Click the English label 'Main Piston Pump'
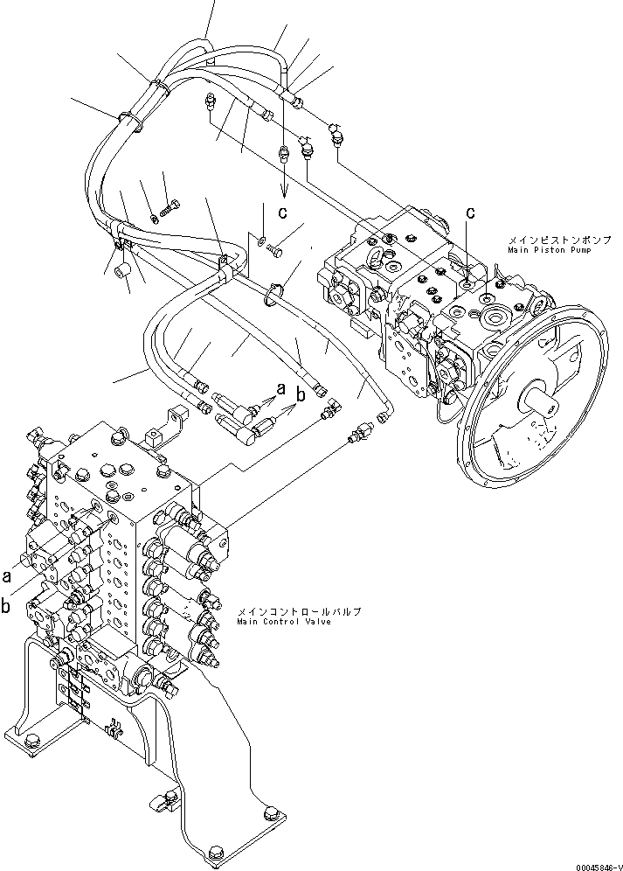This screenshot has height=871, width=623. click(x=548, y=250)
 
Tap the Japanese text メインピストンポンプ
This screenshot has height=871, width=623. click(x=547, y=239)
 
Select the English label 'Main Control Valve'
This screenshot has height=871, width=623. click(x=283, y=622)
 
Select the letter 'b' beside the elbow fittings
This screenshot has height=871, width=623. click(x=301, y=395)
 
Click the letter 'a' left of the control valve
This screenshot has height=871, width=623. click(x=7, y=576)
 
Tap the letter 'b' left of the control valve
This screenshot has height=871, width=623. click(x=7, y=604)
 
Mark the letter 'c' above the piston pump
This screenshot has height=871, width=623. click(x=470, y=213)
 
